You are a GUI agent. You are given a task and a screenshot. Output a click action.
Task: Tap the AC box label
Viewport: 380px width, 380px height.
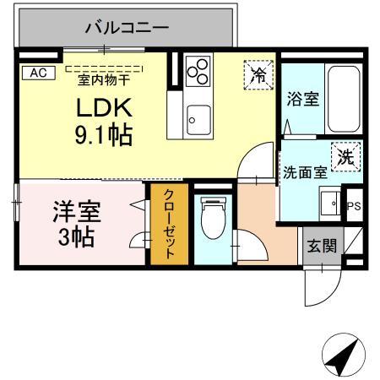[37, 73]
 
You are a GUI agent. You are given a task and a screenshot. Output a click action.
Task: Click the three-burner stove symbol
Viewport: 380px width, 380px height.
[198, 73]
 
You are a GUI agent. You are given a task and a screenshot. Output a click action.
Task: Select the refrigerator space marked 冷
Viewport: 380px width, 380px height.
[257, 73]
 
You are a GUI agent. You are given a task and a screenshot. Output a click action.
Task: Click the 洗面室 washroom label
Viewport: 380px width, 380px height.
[304, 172]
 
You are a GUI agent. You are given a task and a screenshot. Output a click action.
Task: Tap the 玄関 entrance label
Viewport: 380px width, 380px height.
[321, 247]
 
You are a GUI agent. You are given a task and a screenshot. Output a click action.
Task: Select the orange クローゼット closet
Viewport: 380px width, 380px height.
[168, 224]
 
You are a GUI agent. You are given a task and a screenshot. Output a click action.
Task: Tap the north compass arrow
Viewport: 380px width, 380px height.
[340, 356]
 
